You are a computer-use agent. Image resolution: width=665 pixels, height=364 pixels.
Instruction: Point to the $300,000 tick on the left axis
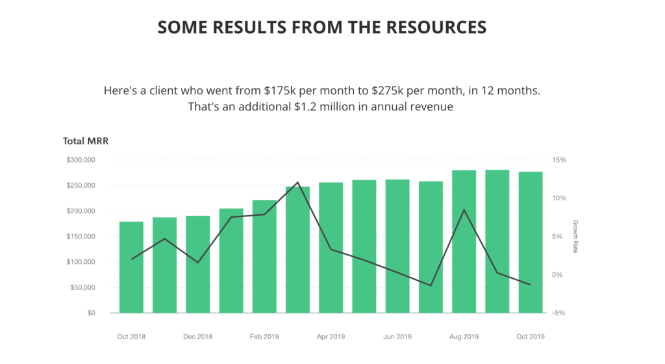point(81,160)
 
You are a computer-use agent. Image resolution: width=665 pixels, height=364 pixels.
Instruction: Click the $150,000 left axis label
point(81,237)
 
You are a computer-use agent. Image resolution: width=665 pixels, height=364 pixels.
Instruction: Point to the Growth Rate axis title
point(575,237)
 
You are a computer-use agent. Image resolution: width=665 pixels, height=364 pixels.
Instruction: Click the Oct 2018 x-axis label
point(131,337)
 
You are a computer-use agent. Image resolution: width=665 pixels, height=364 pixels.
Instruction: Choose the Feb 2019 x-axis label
point(264,337)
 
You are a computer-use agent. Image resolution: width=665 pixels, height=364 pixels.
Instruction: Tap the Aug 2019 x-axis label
point(464,337)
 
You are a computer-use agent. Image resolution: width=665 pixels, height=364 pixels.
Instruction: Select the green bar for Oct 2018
point(131,267)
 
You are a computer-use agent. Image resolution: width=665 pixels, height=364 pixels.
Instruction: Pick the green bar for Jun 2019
point(397,246)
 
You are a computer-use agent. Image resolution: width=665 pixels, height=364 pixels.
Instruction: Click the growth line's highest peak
point(297,182)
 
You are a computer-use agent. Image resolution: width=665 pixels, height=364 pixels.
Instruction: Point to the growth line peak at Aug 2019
point(464,210)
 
